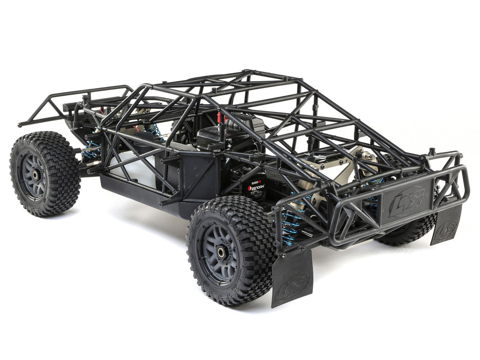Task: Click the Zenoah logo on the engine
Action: pos(256,188)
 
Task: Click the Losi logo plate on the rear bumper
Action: pos(406,202)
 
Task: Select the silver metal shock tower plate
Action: pos(348,166)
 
